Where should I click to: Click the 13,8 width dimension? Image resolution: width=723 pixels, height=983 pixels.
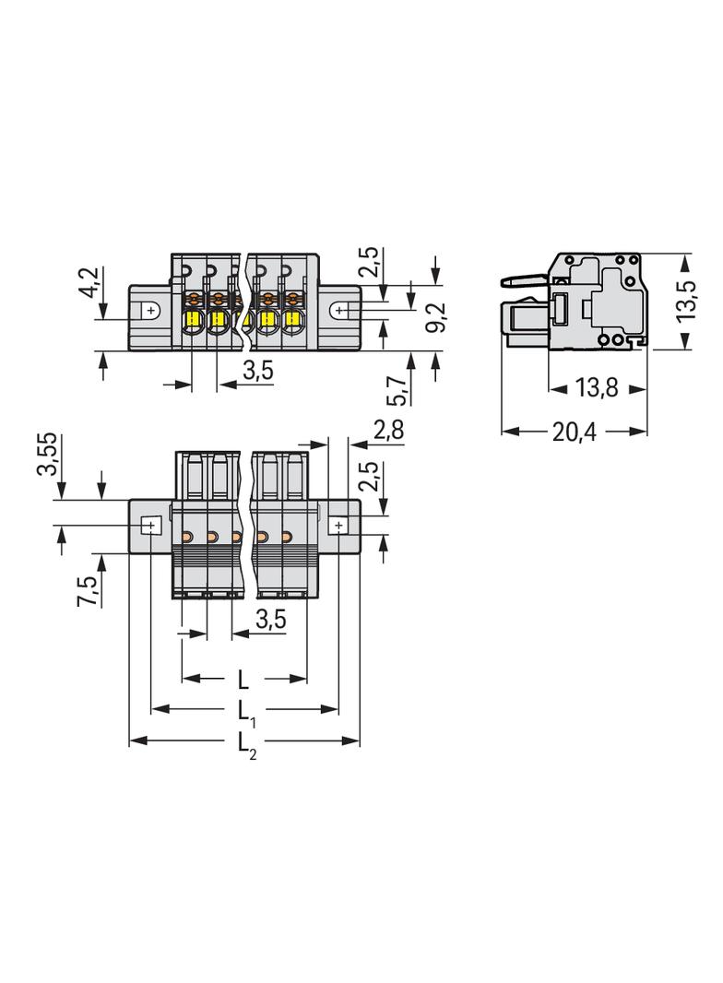[x=596, y=388]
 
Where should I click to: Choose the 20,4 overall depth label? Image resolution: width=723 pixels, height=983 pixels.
[x=575, y=432]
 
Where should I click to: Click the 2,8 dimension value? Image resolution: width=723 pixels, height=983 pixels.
[x=388, y=429]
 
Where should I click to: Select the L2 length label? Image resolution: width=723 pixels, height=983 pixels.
[x=245, y=744]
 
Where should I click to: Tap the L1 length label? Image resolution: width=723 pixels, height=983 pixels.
[x=245, y=711]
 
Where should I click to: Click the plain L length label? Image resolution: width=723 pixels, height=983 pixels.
[x=243, y=681]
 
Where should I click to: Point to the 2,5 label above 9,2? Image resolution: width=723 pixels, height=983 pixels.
[x=370, y=263]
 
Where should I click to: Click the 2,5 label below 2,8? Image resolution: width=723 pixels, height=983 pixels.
[x=370, y=480]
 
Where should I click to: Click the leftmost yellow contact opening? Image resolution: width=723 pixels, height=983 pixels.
[x=194, y=322]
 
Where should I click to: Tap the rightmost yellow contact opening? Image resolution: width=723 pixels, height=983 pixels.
[x=293, y=322]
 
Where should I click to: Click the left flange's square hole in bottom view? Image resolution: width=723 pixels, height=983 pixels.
[x=149, y=526]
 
